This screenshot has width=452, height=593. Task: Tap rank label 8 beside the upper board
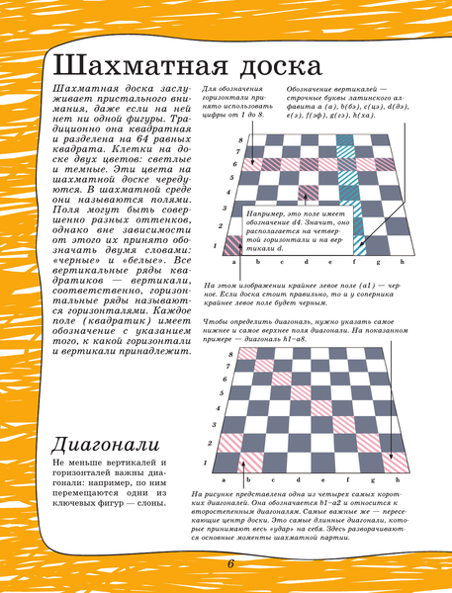(x=240, y=139)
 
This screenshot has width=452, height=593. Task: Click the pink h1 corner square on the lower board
(x=397, y=460)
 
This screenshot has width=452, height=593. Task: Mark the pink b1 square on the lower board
(x=259, y=460)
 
